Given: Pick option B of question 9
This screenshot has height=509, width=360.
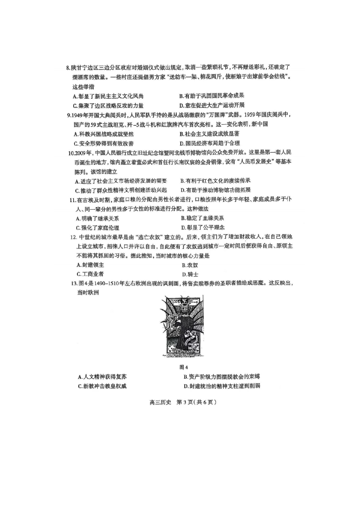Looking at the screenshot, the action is tap(209, 134).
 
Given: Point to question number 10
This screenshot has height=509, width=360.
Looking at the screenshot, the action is tap(71, 153).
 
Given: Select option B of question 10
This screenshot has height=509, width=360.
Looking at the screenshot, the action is tap(215, 181).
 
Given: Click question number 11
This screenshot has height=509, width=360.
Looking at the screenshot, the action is tap(72, 200).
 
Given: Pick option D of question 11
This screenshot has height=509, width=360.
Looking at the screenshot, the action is tap(203, 228).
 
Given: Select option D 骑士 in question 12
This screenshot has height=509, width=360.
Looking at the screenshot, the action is tap(190, 274).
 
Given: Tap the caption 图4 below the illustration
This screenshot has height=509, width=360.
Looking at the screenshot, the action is tap(184, 367).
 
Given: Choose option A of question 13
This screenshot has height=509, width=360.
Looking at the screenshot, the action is tap(102, 377).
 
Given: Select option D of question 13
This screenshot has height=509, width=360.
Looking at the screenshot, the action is tap(221, 386).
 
